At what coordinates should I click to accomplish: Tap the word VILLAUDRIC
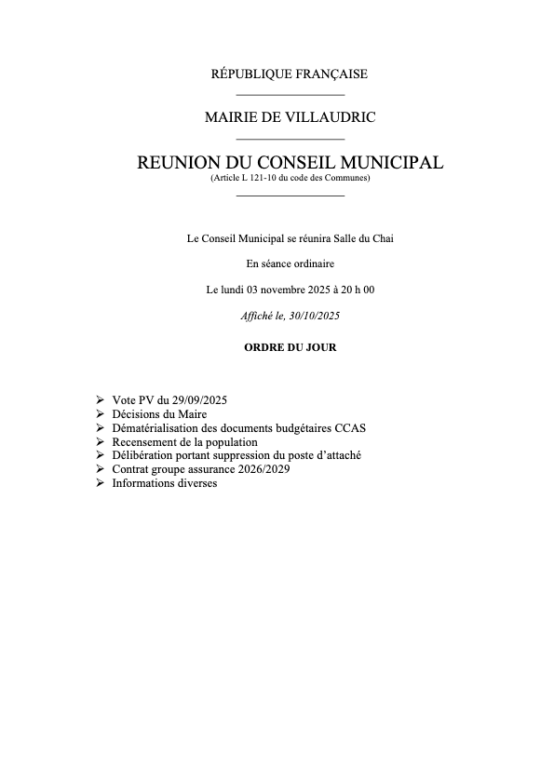pos(333,117)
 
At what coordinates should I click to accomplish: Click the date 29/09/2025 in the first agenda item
pos(199,399)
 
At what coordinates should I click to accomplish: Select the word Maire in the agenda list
pos(189,413)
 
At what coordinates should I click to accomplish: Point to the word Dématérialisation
pos(154,427)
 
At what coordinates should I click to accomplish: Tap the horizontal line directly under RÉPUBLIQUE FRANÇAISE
pos(291,94)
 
